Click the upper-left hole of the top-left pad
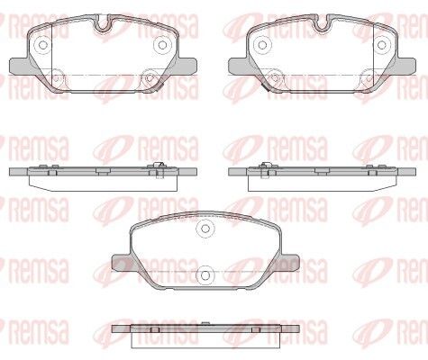pyautogui.click(x=43, y=45)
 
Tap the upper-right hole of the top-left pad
pyautogui.click(x=162, y=45)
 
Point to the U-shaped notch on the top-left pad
pyautogui.click(x=104, y=23)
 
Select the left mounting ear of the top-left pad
pyautogui.click(x=21, y=67)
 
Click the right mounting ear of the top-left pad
pyautogui.click(x=187, y=67)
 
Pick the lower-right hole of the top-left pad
pyautogui.click(x=150, y=78)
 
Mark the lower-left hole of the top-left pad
pyautogui.click(x=56, y=78)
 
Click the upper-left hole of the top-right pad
pyautogui.click(x=262, y=45)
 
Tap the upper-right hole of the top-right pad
pyautogui.click(x=382, y=45)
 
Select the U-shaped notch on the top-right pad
pyautogui.click(x=323, y=23)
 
